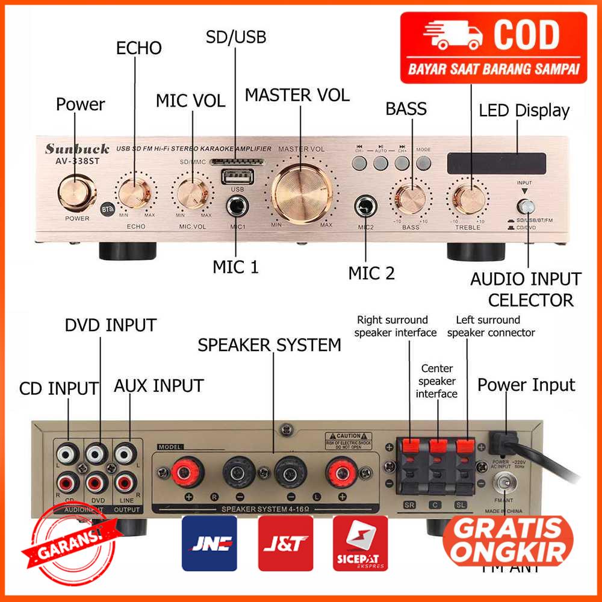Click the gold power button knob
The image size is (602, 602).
tap(78, 191)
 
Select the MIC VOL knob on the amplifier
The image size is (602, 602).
tap(192, 193)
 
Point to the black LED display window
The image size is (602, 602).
tap(496, 161)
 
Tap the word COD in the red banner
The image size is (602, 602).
tap(527, 37)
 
